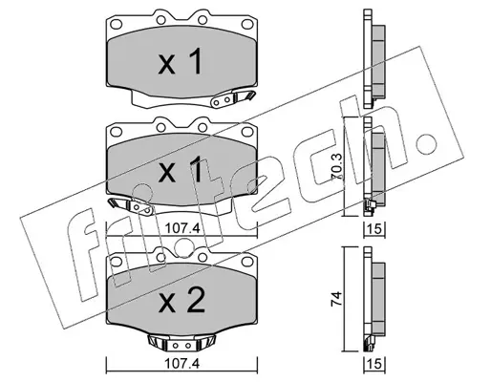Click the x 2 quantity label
pyautogui.click(x=181, y=302)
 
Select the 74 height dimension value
pyautogui.click(x=337, y=299)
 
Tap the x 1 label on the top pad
pyautogui.click(x=181, y=62)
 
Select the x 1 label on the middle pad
pyautogui.click(x=181, y=169)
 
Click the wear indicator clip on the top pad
pyautogui.click(x=233, y=98)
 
